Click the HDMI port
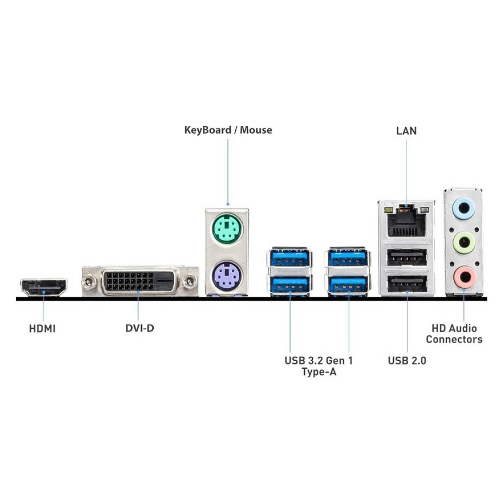point(44,287)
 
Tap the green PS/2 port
point(227,229)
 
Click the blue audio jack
point(463,208)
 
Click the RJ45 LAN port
point(406,222)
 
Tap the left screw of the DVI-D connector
point(89,281)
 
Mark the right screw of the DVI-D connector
point(190,281)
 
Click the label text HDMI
point(42,329)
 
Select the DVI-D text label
point(140,328)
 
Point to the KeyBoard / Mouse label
point(228,130)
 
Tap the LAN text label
point(406,131)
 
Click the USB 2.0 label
point(407,361)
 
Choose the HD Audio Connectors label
point(454,334)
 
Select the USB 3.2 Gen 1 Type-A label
point(319,366)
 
